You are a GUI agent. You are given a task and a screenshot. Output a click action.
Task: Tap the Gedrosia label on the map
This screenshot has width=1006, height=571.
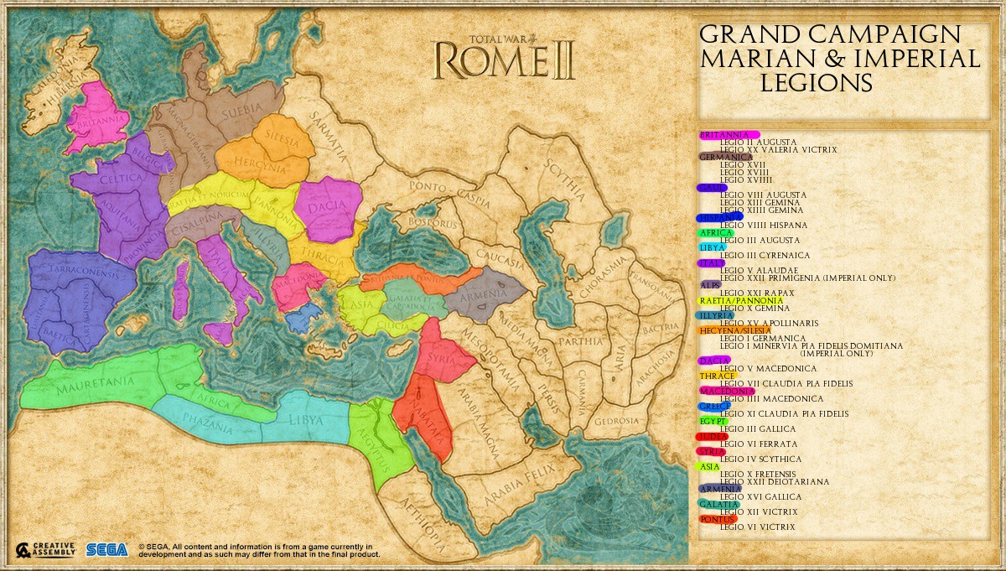click(617, 420)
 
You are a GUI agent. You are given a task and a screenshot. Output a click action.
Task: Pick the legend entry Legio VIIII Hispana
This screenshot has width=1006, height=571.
click(764, 225)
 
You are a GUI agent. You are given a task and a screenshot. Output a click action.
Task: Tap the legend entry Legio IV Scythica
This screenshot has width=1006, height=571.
click(761, 459)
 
